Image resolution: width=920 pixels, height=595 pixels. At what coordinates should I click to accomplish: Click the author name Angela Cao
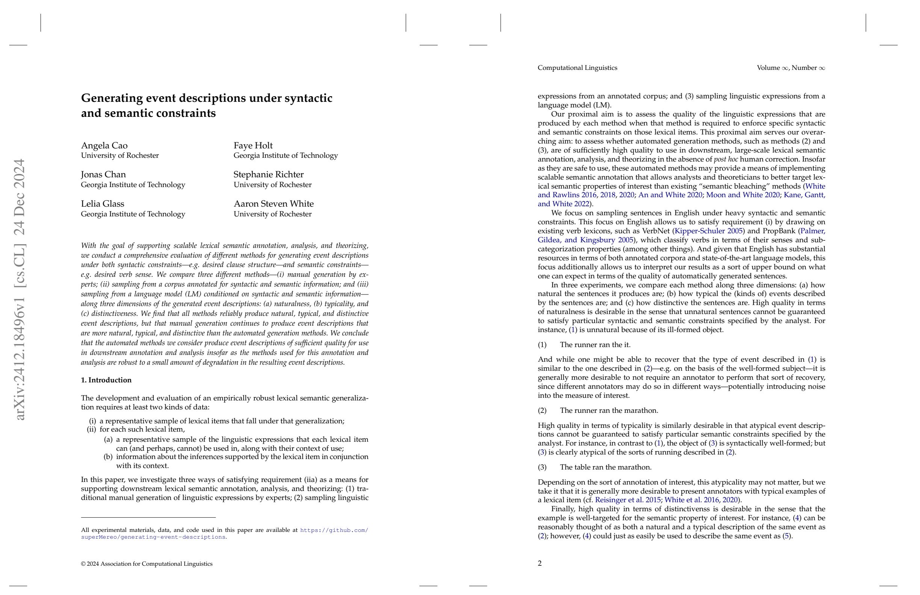(x=104, y=145)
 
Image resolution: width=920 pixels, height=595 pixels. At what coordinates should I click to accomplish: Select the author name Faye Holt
(x=253, y=145)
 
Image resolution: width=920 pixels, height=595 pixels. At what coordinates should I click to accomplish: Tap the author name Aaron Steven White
(x=273, y=204)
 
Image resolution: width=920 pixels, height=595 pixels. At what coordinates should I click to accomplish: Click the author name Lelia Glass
(x=103, y=204)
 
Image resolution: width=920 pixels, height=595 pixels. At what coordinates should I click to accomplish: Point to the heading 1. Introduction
(x=106, y=380)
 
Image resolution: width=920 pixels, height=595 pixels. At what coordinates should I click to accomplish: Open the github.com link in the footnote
(x=334, y=530)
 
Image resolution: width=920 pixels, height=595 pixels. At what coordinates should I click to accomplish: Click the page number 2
(x=540, y=563)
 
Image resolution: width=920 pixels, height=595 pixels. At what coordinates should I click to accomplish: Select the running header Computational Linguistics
(x=577, y=68)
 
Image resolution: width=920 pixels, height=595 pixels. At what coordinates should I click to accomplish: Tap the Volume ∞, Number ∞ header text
(x=790, y=68)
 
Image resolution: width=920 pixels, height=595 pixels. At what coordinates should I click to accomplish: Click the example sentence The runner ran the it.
(x=595, y=344)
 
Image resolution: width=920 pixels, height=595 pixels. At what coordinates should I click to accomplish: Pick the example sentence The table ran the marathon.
(x=605, y=467)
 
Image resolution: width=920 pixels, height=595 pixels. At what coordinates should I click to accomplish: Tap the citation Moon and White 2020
(x=743, y=195)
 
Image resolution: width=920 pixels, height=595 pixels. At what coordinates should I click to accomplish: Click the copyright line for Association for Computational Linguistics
(x=147, y=564)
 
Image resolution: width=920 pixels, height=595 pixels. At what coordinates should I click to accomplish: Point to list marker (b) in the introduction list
(x=108, y=457)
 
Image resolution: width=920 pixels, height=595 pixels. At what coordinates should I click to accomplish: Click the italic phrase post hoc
(x=726, y=159)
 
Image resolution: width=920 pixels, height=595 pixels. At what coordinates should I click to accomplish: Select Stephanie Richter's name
(x=268, y=174)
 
